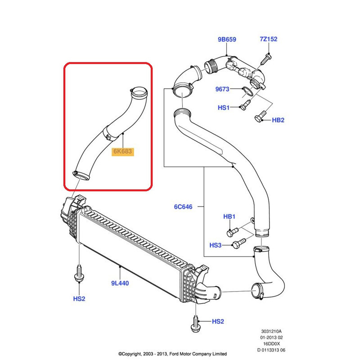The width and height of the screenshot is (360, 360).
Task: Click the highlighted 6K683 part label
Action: click(122, 152)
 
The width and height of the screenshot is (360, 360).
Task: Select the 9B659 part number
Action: click(227, 39)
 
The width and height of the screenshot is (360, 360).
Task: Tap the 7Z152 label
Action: click(268, 39)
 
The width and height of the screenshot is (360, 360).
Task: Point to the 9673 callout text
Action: click(222, 89)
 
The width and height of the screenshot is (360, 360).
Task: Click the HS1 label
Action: click(224, 108)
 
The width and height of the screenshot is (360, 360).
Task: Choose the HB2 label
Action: click(279, 120)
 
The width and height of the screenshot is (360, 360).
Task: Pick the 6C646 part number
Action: click(183, 207)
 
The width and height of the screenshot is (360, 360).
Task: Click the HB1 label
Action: click(229, 217)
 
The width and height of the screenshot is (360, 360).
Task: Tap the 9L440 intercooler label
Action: click(120, 283)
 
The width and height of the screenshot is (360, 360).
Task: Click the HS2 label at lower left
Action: click(79, 298)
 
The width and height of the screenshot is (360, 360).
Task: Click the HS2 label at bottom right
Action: click(218, 321)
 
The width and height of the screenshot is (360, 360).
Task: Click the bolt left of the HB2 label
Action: click(258, 119)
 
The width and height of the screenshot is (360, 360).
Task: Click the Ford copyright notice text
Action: click(172, 354)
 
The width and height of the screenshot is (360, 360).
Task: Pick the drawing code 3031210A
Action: click(272, 331)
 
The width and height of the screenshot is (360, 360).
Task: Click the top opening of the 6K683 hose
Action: click(140, 94)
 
